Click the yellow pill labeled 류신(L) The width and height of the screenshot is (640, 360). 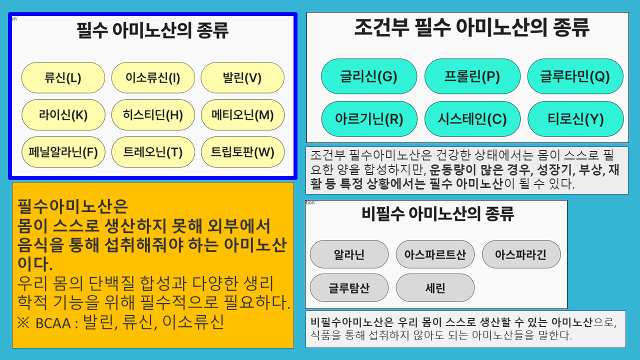pyautogui.click(x=63, y=77)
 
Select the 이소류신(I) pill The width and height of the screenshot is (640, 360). pyautogui.click(x=153, y=77)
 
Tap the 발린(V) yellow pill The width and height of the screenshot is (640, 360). pyautogui.click(x=242, y=77)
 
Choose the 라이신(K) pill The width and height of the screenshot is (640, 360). pyautogui.click(x=63, y=115)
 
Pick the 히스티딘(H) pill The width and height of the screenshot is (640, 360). pyautogui.click(x=153, y=115)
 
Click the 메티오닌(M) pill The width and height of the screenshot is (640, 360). pyautogui.click(x=242, y=115)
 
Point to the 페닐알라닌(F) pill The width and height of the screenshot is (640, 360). pyautogui.click(x=63, y=152)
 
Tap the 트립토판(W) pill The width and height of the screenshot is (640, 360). pyautogui.click(x=242, y=152)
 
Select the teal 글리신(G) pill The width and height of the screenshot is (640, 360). pyautogui.click(x=369, y=76)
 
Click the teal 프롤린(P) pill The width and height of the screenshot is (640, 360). pyautogui.click(x=472, y=76)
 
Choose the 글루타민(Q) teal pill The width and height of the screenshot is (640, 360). pyautogui.click(x=575, y=76)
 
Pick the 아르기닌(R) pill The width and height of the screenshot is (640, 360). pyautogui.click(x=369, y=119)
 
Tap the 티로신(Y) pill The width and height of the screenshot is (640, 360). pyautogui.click(x=575, y=119)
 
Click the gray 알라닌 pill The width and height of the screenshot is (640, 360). pyautogui.click(x=349, y=254)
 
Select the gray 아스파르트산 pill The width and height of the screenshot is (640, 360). pyautogui.click(x=435, y=254)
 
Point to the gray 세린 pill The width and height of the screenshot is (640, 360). pyautogui.click(x=435, y=287)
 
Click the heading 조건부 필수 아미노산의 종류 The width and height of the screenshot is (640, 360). pyautogui.click(x=471, y=27)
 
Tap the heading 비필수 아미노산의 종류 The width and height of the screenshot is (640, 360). pyautogui.click(x=437, y=213)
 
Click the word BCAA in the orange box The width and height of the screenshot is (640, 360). pyautogui.click(x=53, y=323)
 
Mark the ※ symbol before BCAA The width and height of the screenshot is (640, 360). pyautogui.click(x=23, y=323)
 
